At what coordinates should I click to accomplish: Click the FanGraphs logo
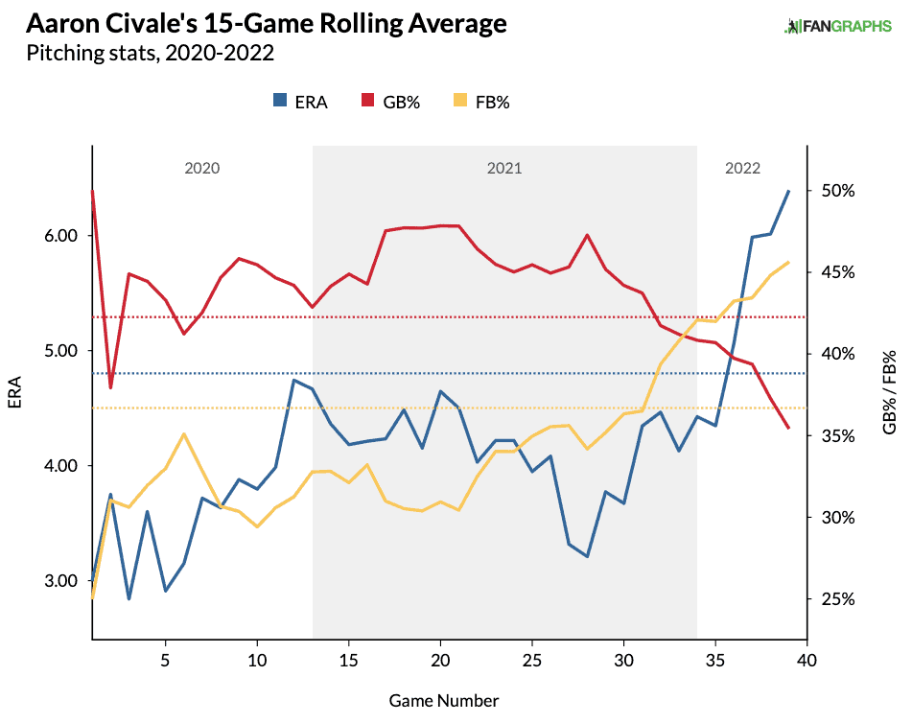[x=837, y=26]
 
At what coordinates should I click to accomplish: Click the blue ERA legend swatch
[x=280, y=100]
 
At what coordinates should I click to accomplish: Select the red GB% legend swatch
[x=367, y=100]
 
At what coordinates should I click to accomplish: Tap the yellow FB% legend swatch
[x=460, y=100]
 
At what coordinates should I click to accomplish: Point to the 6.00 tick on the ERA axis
[x=61, y=236]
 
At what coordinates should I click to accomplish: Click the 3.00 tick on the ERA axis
[x=61, y=580]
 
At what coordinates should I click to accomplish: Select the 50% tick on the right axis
[x=838, y=191]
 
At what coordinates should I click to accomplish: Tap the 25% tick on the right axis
[x=838, y=599]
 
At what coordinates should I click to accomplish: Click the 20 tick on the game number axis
[x=440, y=661]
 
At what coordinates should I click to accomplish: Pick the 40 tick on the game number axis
[x=807, y=661]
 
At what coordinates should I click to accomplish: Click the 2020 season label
[x=201, y=168]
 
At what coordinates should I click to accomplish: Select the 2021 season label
[x=504, y=168]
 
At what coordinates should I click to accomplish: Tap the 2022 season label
[x=743, y=168]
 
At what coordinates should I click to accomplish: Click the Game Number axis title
[x=444, y=701]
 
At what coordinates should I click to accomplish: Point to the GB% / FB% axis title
[x=889, y=392]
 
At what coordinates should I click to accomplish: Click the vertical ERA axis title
[x=14, y=392]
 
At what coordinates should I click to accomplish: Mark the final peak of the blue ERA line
[x=788, y=191]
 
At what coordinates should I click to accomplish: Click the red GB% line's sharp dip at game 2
[x=110, y=387]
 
